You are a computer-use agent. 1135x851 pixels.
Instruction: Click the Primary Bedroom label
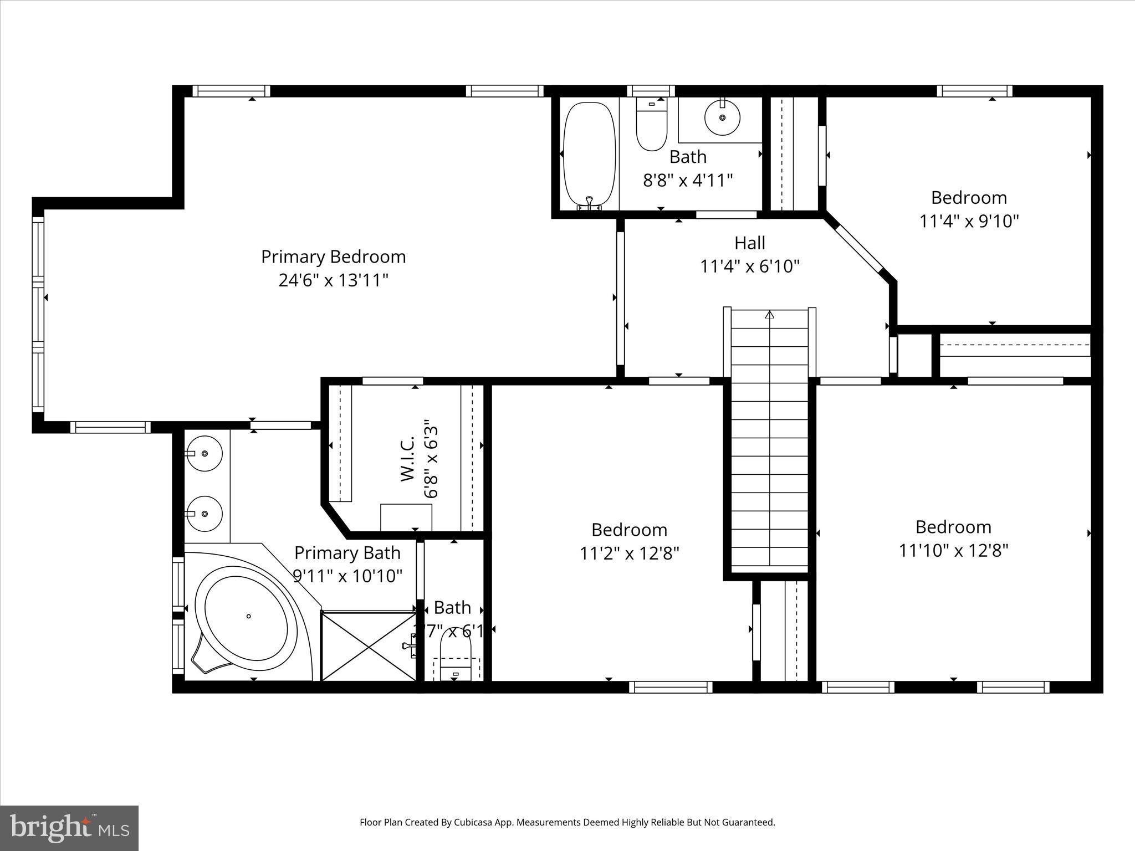(333, 257)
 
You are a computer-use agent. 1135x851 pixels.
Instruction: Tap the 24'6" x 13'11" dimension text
(333, 280)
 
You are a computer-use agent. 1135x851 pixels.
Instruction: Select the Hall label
(750, 243)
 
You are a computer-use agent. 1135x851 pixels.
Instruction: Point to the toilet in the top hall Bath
(651, 126)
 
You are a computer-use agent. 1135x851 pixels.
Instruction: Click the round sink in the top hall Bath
(722, 117)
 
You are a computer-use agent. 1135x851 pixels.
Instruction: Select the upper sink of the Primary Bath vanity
(204, 453)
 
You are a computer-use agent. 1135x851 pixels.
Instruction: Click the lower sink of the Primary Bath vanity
(204, 514)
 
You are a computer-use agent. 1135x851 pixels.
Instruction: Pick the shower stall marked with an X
(369, 646)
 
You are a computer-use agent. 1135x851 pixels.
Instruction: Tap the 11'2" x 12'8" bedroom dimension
(629, 553)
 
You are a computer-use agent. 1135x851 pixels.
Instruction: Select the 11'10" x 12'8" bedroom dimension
(953, 550)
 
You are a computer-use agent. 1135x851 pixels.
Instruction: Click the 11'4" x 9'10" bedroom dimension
(969, 221)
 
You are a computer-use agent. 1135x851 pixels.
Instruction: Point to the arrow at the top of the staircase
(769, 315)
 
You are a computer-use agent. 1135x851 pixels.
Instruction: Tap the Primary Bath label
(347, 552)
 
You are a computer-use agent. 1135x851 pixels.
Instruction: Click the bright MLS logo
(69, 828)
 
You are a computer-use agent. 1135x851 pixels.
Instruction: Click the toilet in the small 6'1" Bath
(455, 659)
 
